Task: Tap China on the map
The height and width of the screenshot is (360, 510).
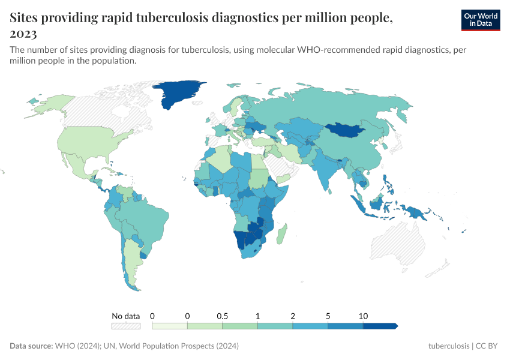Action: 354,153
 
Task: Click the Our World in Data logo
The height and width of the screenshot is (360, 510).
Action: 481,20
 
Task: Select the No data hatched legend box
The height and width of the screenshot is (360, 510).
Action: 125,326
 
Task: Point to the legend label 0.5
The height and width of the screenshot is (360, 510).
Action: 222,316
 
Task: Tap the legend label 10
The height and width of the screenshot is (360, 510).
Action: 363,316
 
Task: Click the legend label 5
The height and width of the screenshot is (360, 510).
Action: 328,316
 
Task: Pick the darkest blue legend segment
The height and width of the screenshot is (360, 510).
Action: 379,326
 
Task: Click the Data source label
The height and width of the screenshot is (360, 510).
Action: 31,346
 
